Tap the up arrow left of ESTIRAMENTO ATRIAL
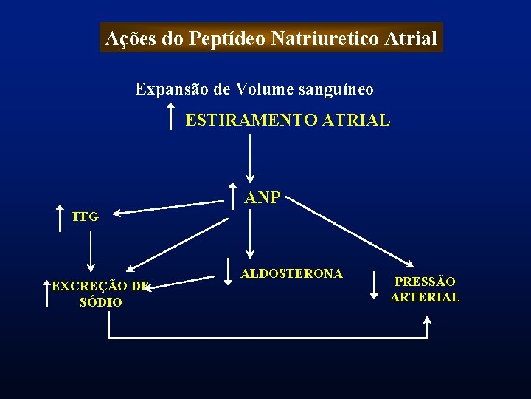click(171, 116)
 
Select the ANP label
click(263, 197)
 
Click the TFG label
click(84, 216)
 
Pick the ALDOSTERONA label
click(292, 273)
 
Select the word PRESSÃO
click(425, 282)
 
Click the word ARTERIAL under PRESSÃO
click(425, 297)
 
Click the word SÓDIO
click(100, 302)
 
